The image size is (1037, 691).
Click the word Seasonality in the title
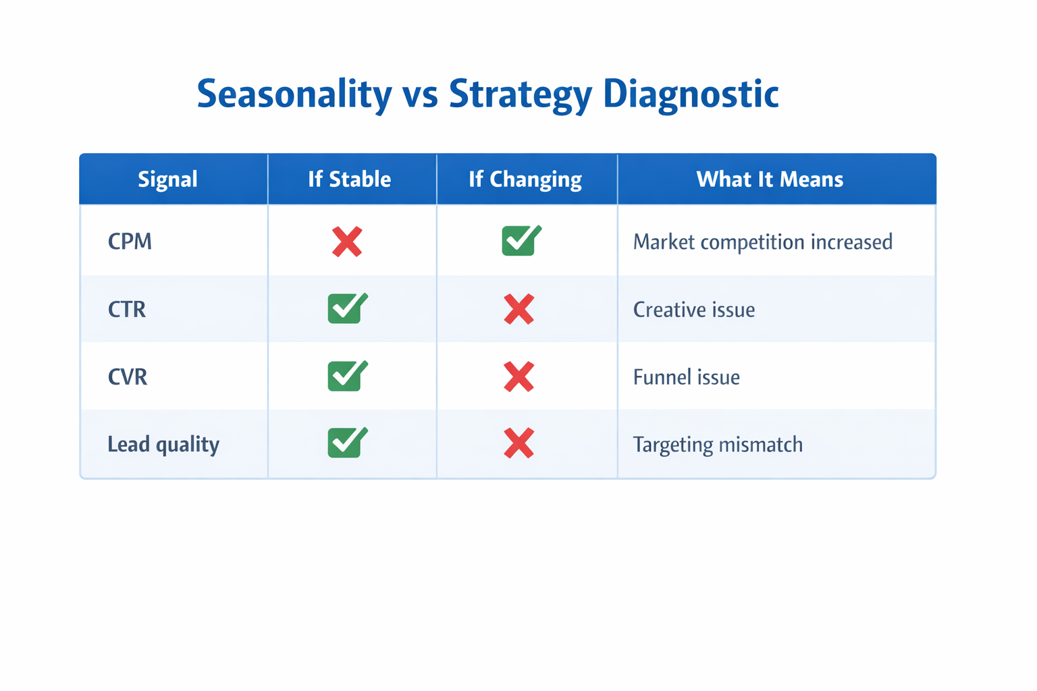tap(294, 94)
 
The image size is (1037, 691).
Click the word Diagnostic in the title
tap(691, 94)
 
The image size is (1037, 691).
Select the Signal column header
tap(167, 179)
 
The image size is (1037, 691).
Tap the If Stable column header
tap(349, 179)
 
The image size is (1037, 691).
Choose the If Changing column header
tap(525, 179)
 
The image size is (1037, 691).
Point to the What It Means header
tap(770, 179)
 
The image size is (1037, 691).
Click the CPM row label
tap(130, 242)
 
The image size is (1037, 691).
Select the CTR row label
tap(127, 309)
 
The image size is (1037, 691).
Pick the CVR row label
tap(128, 377)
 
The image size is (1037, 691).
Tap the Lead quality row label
tap(163, 444)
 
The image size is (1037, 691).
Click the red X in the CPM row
tap(347, 242)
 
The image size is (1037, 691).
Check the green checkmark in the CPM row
tap(521, 241)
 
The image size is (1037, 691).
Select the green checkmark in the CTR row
tap(347, 308)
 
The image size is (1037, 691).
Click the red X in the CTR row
tap(518, 309)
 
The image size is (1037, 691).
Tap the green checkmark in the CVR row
tap(347, 376)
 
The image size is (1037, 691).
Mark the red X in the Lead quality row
tap(518, 444)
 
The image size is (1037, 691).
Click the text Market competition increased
tap(762, 242)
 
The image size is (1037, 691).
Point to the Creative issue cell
tap(693, 309)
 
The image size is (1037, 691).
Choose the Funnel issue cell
tap(686, 377)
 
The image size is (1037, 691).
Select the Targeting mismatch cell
tap(718, 444)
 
